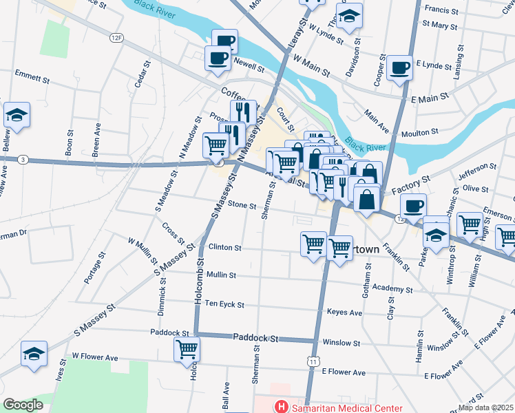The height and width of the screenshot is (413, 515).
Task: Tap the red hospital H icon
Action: pyautogui.click(x=280, y=406)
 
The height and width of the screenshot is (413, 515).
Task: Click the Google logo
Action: pyautogui.click(x=23, y=405)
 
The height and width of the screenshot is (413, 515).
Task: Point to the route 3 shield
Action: pyautogui.click(x=23, y=160)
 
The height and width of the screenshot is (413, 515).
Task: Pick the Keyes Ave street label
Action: pyautogui.click(x=345, y=312)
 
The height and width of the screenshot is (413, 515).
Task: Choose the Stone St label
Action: pyautogui.click(x=242, y=205)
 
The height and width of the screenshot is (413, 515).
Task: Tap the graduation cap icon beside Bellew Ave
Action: pyautogui.click(x=17, y=116)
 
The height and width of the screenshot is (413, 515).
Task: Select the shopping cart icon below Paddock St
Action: pyautogui.click(x=187, y=349)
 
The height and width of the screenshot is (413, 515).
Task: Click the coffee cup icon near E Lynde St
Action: pyautogui.click(x=400, y=67)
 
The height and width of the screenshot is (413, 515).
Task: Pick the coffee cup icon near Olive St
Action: pyautogui.click(x=414, y=206)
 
